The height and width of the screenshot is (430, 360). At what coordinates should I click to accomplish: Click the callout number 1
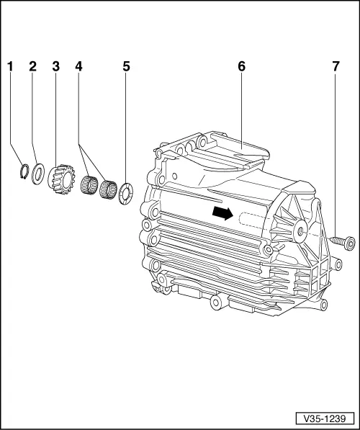pyautogui.click(x=11, y=66)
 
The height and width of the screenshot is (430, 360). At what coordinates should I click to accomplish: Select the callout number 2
pyautogui.click(x=32, y=66)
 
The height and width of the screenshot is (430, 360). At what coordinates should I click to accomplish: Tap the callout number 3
pyautogui.click(x=55, y=66)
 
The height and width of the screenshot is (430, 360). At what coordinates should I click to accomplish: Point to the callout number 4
pyautogui.click(x=79, y=66)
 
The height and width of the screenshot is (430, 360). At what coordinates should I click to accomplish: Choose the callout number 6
pyautogui.click(x=242, y=66)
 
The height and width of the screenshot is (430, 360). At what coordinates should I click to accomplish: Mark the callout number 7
pyautogui.click(x=336, y=66)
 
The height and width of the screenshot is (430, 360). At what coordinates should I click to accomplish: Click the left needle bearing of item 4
pyautogui.click(x=91, y=184)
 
